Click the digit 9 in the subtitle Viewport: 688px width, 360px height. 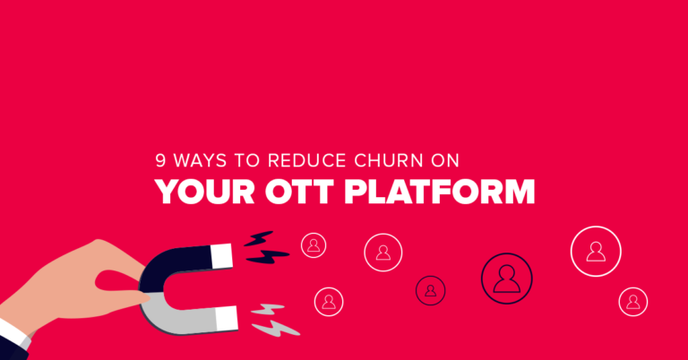(x=160, y=161)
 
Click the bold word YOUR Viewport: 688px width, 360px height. (x=205, y=192)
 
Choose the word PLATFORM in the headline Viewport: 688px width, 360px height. (x=440, y=192)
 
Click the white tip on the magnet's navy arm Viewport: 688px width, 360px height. (x=221, y=256)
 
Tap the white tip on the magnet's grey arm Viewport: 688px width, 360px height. (x=227, y=318)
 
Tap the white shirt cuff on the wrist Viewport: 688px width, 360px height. (x=13, y=332)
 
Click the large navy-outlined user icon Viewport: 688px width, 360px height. (x=507, y=279)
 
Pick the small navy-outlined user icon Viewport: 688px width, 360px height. (x=430, y=290)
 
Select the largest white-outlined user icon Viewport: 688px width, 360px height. (x=596, y=252)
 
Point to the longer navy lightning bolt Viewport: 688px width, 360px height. (x=268, y=256)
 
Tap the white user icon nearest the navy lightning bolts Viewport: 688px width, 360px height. (x=314, y=245)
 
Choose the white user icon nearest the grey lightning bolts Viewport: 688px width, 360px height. (x=329, y=302)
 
